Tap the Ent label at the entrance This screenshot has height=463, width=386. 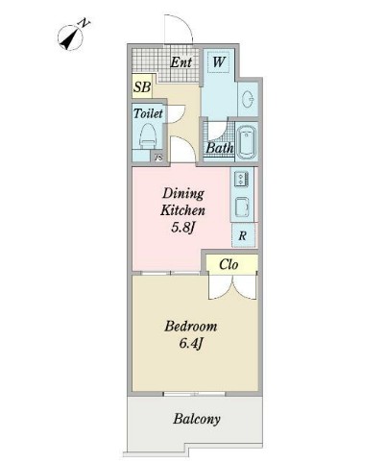coord(181,62)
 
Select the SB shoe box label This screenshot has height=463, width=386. coord(142,86)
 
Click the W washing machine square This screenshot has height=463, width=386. coord(218,62)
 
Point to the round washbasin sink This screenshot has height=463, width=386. coord(248,99)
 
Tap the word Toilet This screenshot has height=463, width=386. coord(148,113)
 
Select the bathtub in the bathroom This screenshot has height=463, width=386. coord(246,142)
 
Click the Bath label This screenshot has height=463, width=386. coord(219,148)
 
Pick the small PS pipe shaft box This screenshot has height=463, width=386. coord(158,158)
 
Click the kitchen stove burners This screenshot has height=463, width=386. coord(241,179)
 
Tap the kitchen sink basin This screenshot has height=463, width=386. coord(242,207)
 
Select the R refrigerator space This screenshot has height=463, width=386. coord(243,235)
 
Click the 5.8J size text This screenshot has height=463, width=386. coord(182,228)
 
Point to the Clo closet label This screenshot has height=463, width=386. coord(229,264)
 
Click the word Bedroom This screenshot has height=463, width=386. coord(190,327)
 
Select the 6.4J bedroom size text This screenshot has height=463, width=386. coord(191,344)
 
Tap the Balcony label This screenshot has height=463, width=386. coord(197,419)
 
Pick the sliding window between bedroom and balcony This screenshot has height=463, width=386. coord(194,394)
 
